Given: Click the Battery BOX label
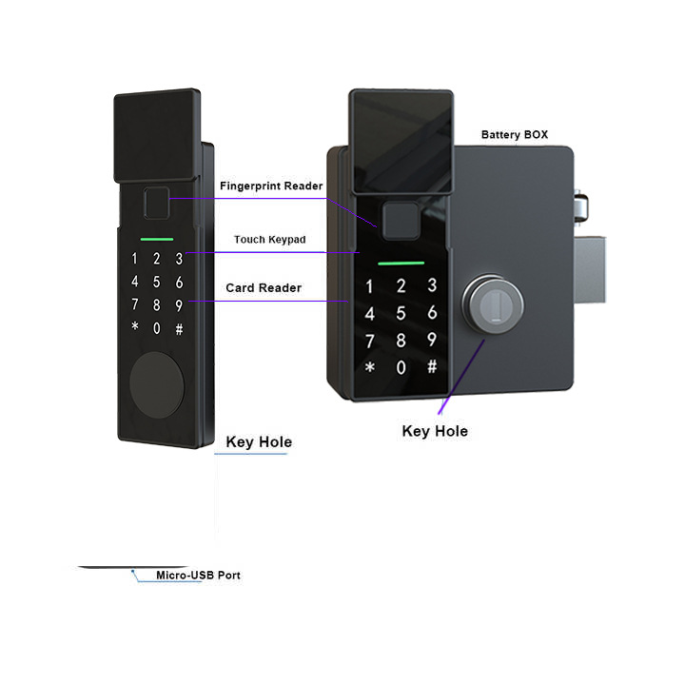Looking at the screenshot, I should pyautogui.click(x=514, y=135).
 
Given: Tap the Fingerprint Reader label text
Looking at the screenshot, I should pyautogui.click(x=271, y=186).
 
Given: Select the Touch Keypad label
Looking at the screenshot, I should pyautogui.click(x=269, y=240).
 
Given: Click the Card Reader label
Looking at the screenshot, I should pyautogui.click(x=264, y=287).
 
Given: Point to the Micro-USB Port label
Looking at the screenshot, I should pyautogui.click(x=198, y=576).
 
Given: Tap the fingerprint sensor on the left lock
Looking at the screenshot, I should pyautogui.click(x=154, y=205).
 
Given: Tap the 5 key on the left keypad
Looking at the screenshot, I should pyautogui.click(x=156, y=282).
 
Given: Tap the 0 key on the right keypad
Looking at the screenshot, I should pyautogui.click(x=401, y=367).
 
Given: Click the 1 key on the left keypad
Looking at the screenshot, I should pyautogui.click(x=134, y=259).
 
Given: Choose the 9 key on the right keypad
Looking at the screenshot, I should pyautogui.click(x=431, y=340).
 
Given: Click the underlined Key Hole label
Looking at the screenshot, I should pyautogui.click(x=259, y=442).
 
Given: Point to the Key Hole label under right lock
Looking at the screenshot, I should pyautogui.click(x=435, y=431).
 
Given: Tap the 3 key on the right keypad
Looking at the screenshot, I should pyautogui.click(x=431, y=285).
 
